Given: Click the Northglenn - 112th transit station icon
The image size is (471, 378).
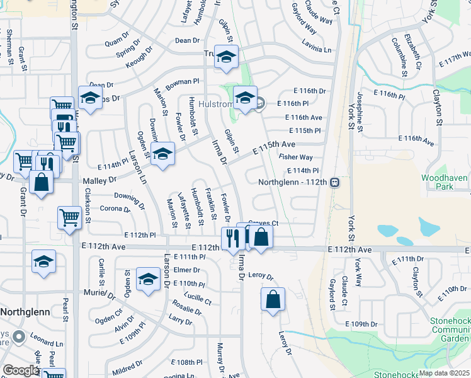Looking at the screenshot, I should (x=336, y=182).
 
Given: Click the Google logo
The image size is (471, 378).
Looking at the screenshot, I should (x=20, y=370).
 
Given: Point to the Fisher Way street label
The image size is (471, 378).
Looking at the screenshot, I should (x=296, y=157).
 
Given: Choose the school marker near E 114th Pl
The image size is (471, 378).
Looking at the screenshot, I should (x=162, y=154).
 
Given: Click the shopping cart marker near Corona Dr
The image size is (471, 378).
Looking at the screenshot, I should (x=69, y=217).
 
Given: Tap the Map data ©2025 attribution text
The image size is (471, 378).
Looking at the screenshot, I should (x=445, y=372).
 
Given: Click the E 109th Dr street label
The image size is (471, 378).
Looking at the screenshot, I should (x=361, y=324).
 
